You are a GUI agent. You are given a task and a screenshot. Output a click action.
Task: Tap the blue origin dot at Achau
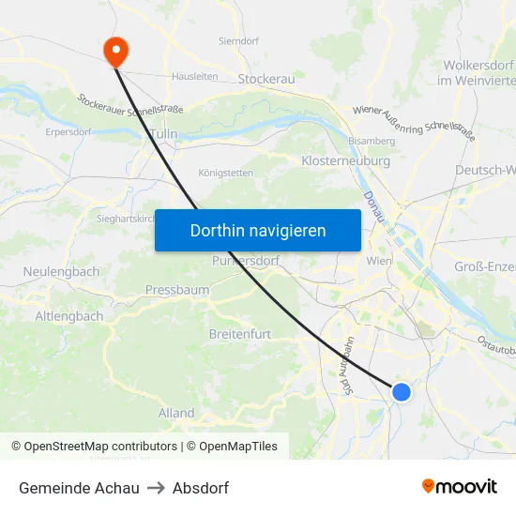[x=401, y=392]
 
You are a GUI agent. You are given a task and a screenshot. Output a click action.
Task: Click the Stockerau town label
[x=266, y=80]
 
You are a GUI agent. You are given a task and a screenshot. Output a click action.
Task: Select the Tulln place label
[x=162, y=135]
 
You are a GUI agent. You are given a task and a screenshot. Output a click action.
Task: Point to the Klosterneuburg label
[x=345, y=161]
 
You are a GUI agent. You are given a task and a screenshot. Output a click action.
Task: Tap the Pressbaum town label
[x=177, y=290]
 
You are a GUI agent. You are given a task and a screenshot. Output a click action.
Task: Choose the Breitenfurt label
[x=240, y=333]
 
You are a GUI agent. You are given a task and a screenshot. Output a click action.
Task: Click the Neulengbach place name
[x=61, y=271]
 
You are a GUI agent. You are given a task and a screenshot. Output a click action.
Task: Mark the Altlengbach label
[x=69, y=316]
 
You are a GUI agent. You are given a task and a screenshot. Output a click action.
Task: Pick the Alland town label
[x=176, y=413]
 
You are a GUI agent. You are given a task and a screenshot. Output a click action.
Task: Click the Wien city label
[x=380, y=261]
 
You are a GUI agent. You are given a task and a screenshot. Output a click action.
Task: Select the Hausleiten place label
[x=195, y=77]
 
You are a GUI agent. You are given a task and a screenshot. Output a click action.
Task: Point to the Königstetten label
[x=226, y=173]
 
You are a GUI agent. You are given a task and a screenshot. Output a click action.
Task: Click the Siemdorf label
[x=238, y=41]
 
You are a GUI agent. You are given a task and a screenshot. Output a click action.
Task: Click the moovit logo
[x=460, y=487]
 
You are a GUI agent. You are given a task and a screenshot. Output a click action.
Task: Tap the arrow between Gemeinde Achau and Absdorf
[x=156, y=488]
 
